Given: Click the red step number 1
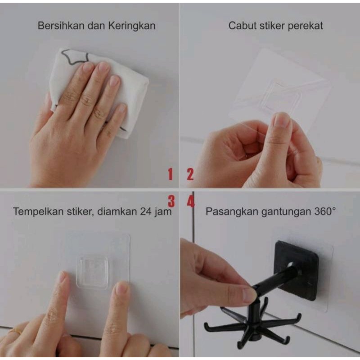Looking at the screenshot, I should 171,174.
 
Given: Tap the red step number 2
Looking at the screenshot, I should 190,174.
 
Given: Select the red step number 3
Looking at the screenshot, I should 171,201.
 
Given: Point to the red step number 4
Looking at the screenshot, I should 191,201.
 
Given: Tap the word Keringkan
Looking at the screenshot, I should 132,26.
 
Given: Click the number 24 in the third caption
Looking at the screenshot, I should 147,211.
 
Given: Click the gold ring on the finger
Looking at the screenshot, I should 14,332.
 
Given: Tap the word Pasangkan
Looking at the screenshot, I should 231,211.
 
